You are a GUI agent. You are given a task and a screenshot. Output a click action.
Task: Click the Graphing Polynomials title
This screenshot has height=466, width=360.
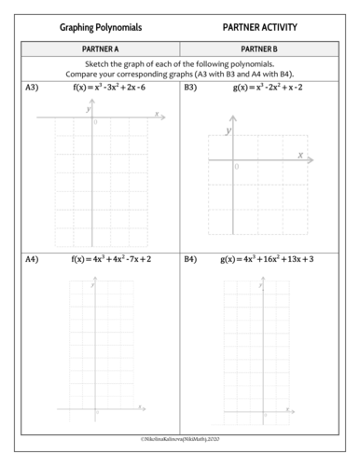click(95, 28)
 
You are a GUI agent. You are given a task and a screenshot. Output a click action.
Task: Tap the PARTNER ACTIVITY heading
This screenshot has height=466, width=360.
click(261, 28)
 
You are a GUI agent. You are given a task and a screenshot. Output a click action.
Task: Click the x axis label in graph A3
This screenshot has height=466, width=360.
click(157, 114)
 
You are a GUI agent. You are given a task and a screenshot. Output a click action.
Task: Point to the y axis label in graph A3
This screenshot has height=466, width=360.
click(88, 109)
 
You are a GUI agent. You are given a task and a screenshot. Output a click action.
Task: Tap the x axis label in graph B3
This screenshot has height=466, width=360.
click(300, 155)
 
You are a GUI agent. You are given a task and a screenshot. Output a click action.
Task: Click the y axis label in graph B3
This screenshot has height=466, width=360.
click(227, 131)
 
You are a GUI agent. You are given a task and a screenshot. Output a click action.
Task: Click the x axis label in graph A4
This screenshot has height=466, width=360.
click(139, 405)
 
